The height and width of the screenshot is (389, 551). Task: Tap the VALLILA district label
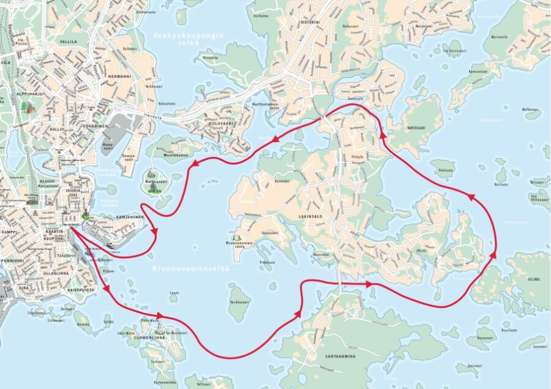tap(68, 42)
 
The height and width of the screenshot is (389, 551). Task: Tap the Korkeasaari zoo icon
tap(152, 186)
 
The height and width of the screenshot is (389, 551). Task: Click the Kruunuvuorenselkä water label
tap(190, 268)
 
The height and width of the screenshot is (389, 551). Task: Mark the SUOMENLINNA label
tap(144, 336)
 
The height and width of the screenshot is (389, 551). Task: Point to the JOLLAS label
tap(419, 251)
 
